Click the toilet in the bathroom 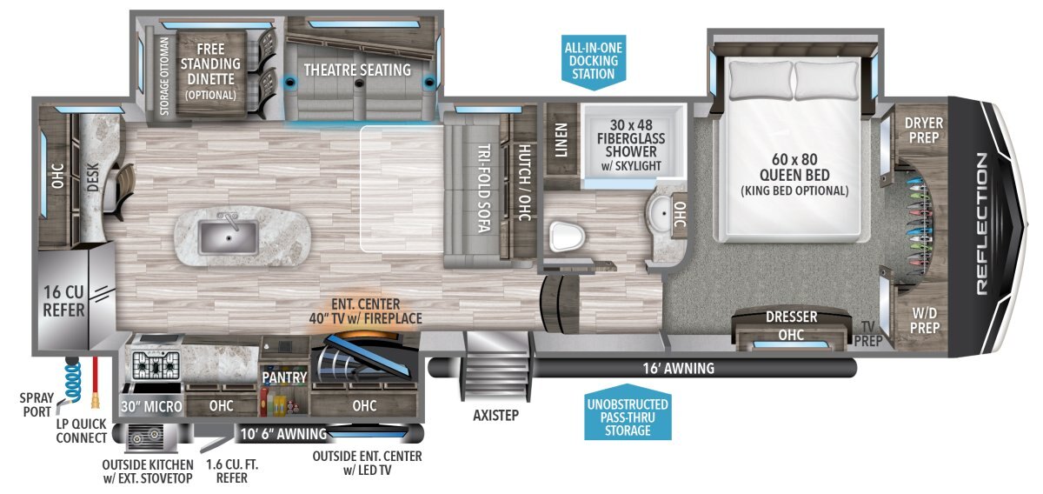[x=567, y=237]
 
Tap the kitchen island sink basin [x=228, y=237]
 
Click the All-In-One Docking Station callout [x=593, y=61]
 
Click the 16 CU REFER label [x=64, y=301]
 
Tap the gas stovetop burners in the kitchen [x=156, y=365]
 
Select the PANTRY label [x=284, y=377]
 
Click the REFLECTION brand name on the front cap [x=981, y=224]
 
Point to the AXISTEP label [x=496, y=415]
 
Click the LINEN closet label [x=561, y=140]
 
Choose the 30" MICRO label [x=151, y=406]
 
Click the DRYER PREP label [x=924, y=130]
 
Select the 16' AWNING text [x=679, y=369]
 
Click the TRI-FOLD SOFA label [x=484, y=188]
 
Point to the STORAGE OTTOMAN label [x=164, y=76]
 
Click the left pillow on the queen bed [x=761, y=80]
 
